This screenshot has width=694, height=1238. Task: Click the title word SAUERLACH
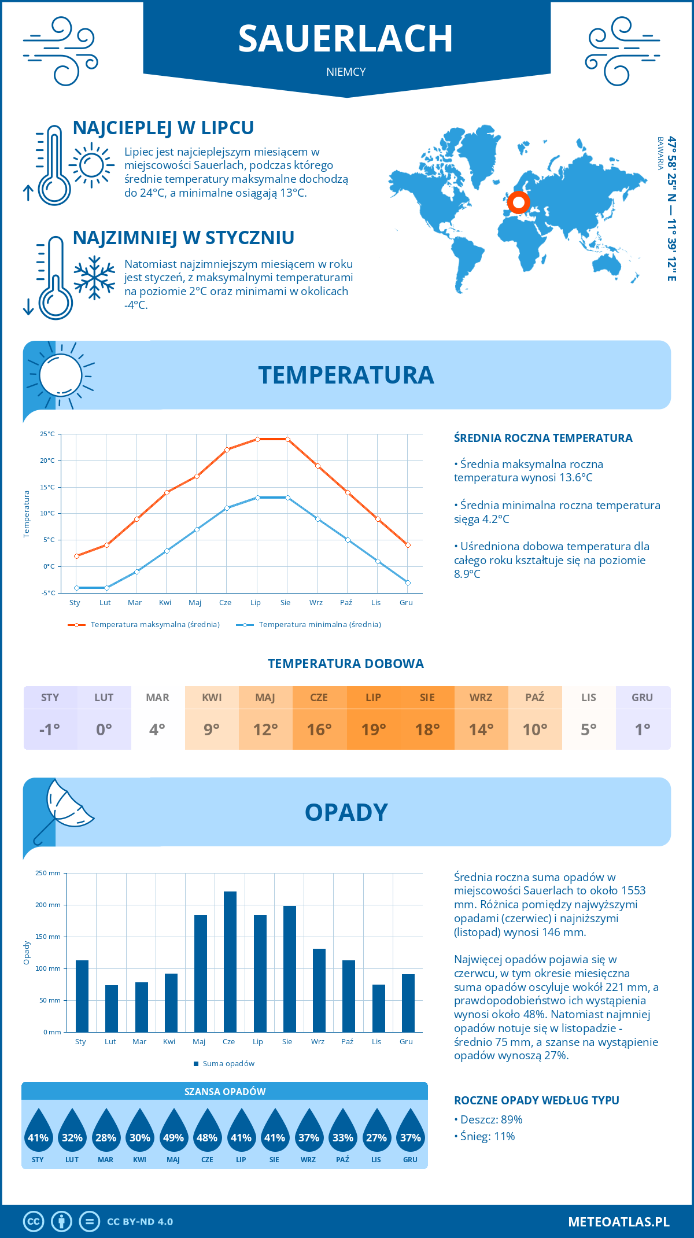click(345, 39)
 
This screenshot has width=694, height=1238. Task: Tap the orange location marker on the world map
click(518, 202)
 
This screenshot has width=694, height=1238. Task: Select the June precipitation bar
click(230, 961)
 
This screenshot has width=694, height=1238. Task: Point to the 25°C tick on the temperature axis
click(47, 434)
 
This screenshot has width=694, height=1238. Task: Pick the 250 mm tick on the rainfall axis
click(48, 873)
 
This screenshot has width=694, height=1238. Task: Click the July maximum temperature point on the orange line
click(257, 439)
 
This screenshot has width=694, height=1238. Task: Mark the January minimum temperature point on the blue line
click(76, 588)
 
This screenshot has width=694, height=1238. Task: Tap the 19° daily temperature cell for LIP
click(374, 729)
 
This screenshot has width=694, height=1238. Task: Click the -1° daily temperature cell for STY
click(50, 729)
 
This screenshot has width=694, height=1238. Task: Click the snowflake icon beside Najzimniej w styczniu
click(94, 278)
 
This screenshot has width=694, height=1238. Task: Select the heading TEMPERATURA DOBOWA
click(346, 664)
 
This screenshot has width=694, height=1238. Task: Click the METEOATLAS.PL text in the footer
click(619, 1221)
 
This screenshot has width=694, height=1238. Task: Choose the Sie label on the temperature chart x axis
click(286, 602)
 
